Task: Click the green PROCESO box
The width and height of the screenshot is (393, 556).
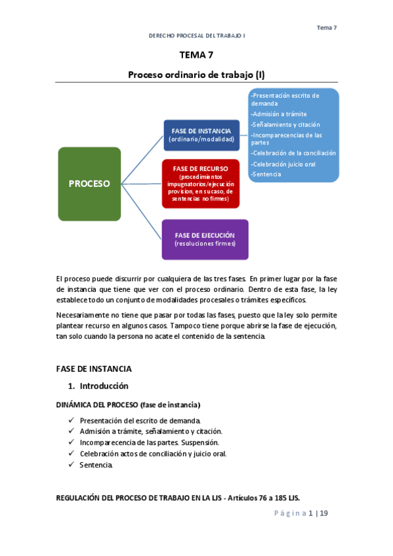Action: click(x=89, y=184)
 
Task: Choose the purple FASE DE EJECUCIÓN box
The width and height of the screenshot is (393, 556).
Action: click(x=205, y=239)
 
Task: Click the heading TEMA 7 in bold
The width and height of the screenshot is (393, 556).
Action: click(x=196, y=55)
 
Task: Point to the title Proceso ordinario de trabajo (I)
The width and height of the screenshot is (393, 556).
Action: click(x=196, y=75)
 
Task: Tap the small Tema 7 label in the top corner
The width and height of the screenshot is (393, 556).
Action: click(x=327, y=28)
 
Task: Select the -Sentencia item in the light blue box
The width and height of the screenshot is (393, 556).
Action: click(x=266, y=174)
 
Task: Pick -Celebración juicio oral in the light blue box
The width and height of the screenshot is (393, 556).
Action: click(x=283, y=164)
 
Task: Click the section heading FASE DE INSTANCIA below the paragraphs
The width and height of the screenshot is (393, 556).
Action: click(x=94, y=369)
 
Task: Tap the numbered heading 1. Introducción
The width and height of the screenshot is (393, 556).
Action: click(x=98, y=386)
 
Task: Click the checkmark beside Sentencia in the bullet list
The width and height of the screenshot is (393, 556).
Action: click(x=70, y=465)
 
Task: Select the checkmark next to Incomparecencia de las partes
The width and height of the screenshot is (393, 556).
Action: click(x=70, y=443)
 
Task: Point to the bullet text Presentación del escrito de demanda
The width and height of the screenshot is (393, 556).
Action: click(x=140, y=420)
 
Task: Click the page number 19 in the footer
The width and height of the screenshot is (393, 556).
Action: click(x=323, y=513)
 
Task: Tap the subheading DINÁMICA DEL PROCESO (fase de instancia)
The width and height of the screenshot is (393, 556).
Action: click(x=128, y=405)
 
